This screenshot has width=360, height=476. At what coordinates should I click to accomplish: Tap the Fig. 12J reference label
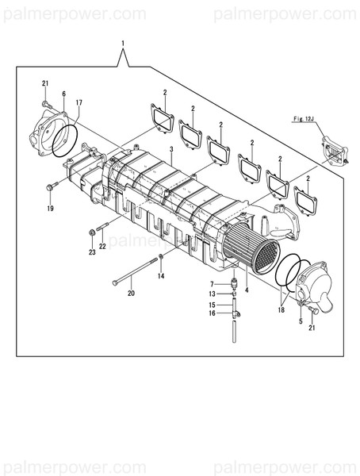304,120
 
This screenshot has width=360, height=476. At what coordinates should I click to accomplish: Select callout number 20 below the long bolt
131,293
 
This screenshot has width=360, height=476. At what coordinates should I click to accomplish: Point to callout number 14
161,276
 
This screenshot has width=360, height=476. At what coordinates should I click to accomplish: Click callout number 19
49,209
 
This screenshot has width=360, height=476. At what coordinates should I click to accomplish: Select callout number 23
92,252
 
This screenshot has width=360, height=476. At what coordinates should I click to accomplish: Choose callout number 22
102,247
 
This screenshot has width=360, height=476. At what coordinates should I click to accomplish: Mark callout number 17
79,103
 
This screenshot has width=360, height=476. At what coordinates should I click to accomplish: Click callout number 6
63,94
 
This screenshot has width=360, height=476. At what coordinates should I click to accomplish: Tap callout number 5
301,321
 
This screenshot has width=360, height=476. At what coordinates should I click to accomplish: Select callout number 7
213,283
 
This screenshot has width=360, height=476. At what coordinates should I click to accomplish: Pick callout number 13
213,294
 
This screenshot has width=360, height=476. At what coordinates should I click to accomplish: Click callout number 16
213,313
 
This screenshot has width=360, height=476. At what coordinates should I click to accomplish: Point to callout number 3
171,148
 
